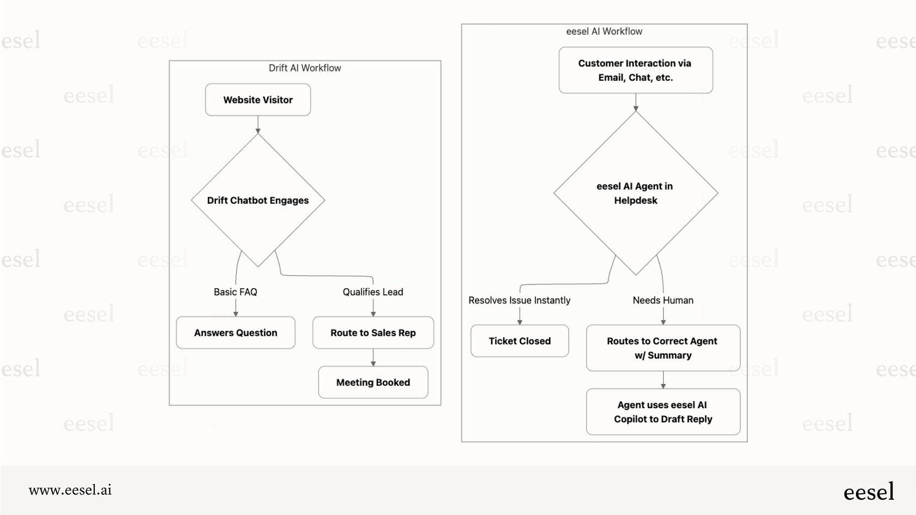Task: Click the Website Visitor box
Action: coord(258,100)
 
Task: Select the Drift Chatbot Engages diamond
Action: coord(258,201)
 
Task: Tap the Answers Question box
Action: coord(236,333)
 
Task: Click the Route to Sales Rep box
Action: coord(373,333)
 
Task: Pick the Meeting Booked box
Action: coord(373,383)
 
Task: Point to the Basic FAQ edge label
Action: coord(236,292)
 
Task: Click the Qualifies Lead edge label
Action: coord(373,292)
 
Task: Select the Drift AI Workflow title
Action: coord(305,68)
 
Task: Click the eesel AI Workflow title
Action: coord(604,32)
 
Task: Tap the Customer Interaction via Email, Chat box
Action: coord(635,70)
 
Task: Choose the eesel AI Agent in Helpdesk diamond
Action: coord(635,193)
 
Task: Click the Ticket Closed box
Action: coord(520,341)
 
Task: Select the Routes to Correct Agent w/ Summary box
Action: coord(663,348)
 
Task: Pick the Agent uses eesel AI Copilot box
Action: coord(663,412)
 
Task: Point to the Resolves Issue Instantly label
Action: coord(519,300)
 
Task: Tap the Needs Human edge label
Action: coord(663,300)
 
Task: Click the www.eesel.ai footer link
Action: coord(70,490)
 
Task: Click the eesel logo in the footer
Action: coord(869,492)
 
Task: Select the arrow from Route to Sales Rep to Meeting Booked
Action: coord(373,358)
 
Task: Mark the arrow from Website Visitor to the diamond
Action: coord(258,125)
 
